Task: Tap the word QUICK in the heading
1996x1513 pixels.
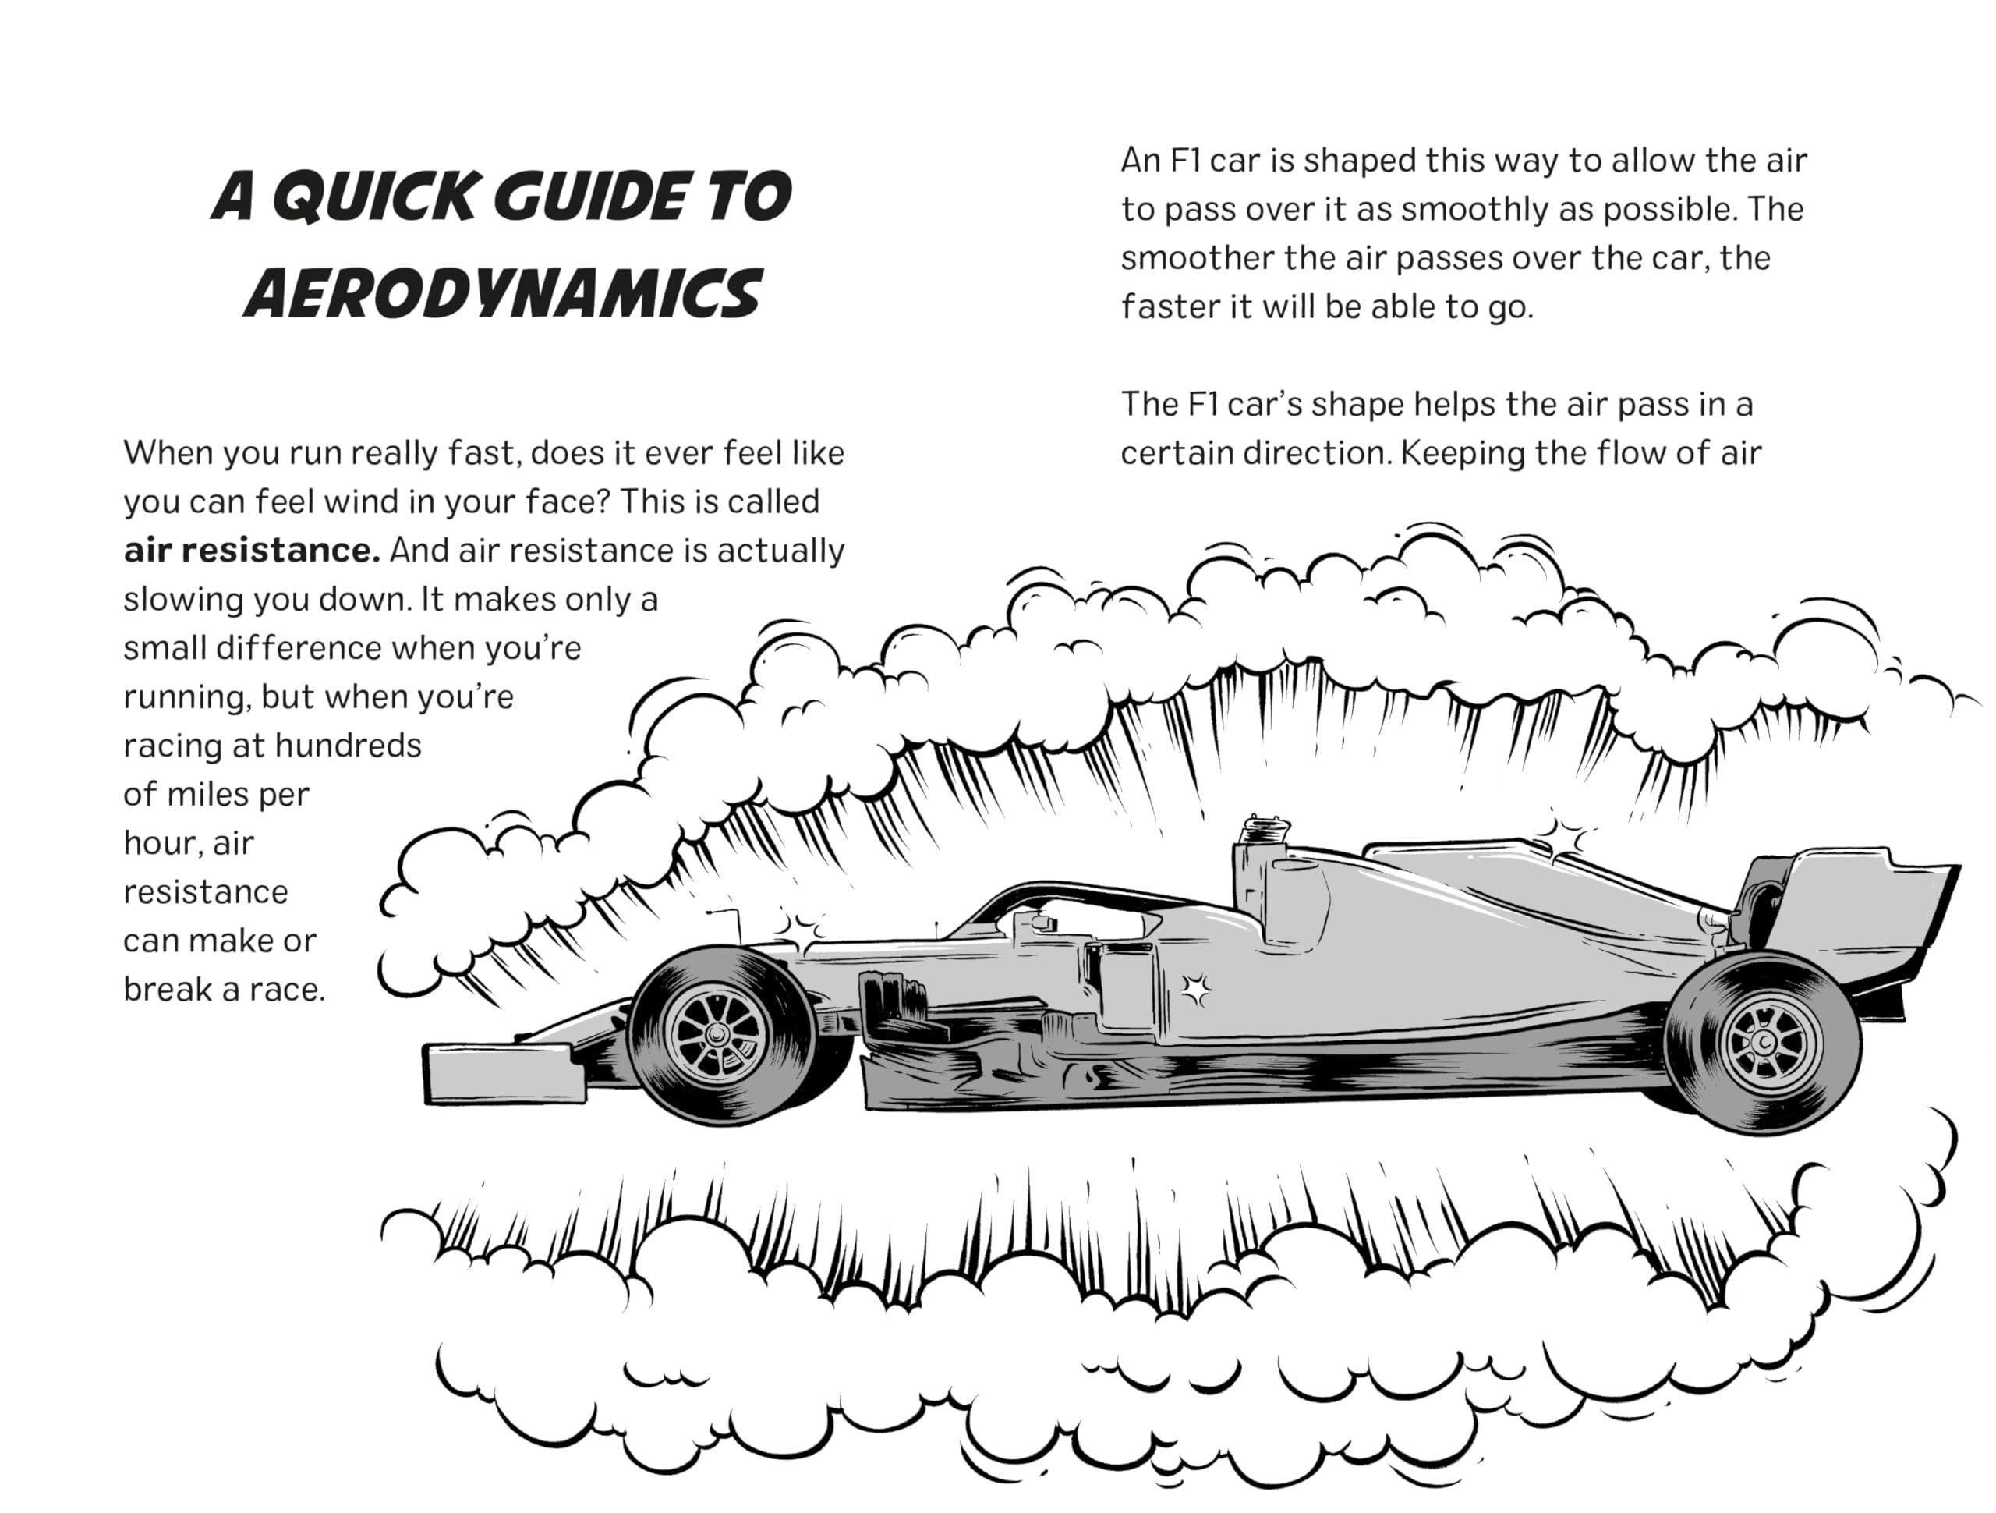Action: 372,196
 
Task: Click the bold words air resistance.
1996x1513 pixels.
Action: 252,550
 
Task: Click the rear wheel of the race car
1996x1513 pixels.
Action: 1762,1044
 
